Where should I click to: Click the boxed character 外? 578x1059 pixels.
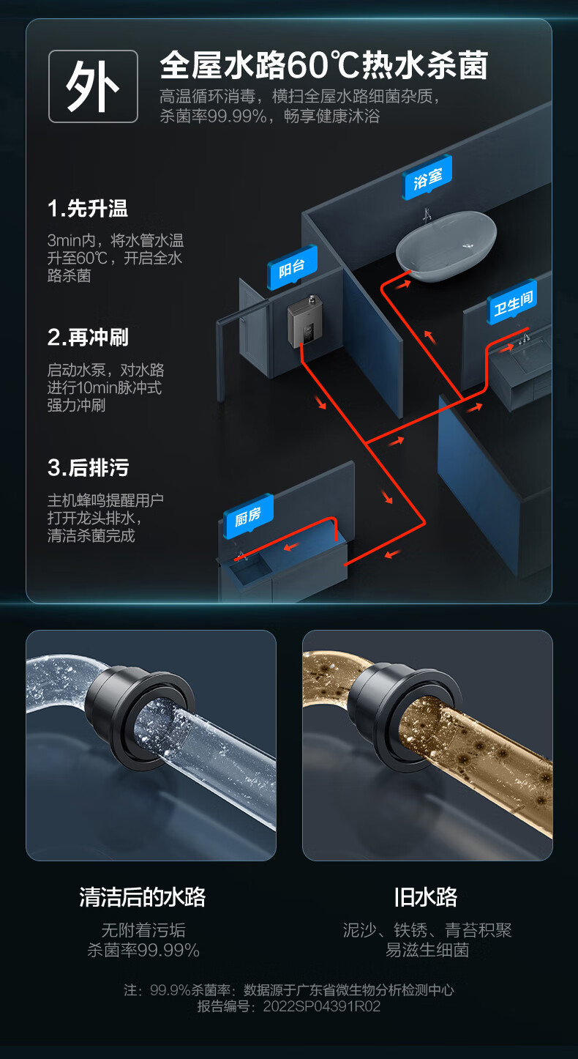click(x=93, y=86)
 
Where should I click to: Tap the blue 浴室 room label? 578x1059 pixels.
click(x=428, y=179)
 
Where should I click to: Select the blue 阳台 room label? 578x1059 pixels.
click(x=292, y=268)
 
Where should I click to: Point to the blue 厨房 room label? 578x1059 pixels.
click(x=248, y=516)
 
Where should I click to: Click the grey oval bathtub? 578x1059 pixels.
click(x=446, y=246)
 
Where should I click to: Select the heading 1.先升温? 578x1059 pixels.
click(x=87, y=209)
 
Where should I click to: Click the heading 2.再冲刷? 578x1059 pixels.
click(x=88, y=338)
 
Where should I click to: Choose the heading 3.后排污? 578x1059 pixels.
click(x=88, y=467)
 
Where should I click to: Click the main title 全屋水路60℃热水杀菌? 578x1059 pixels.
click(x=323, y=65)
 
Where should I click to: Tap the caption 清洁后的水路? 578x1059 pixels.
click(x=143, y=897)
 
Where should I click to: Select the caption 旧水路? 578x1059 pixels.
click(x=426, y=897)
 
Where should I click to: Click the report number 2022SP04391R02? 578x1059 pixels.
click(x=322, y=1006)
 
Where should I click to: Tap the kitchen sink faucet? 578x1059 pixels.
click(x=240, y=555)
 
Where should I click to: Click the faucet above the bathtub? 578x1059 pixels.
click(x=427, y=215)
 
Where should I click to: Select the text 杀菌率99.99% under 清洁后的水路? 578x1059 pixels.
click(x=143, y=950)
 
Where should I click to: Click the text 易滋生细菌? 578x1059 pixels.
click(x=427, y=950)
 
